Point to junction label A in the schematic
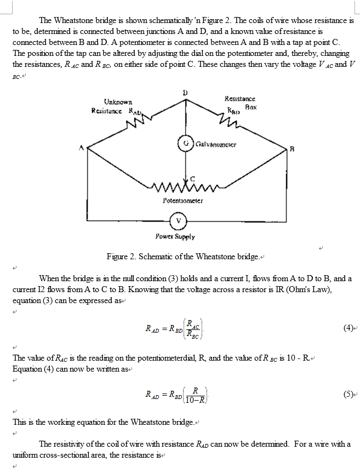click(x=81, y=147)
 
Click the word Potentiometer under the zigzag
click(x=183, y=201)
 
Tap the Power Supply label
click(x=175, y=237)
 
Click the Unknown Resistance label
click(x=117, y=105)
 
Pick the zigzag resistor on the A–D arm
click(x=135, y=123)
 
